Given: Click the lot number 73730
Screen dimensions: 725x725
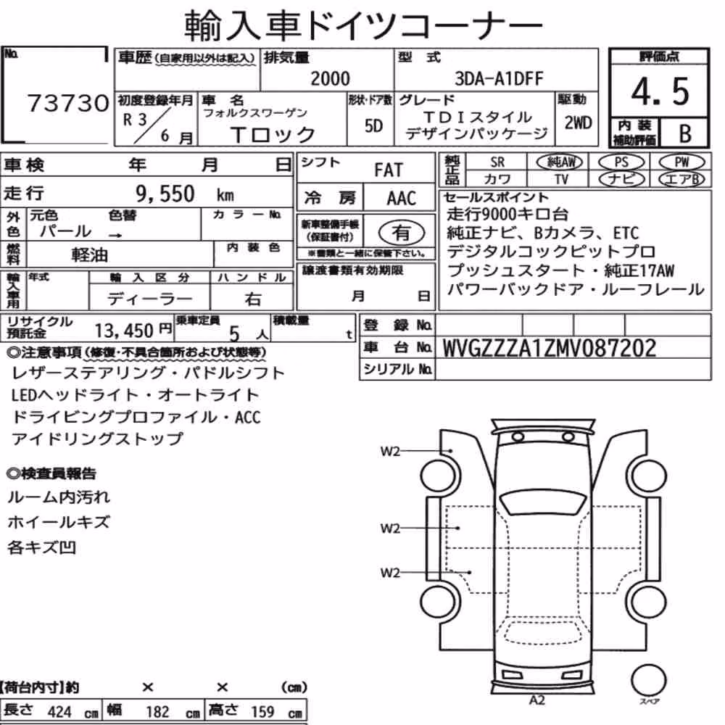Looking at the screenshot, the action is pyautogui.click(x=68, y=103).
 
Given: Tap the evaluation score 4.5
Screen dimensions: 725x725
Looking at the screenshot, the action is pyautogui.click(x=660, y=91).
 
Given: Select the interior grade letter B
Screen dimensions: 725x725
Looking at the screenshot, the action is pyautogui.click(x=685, y=133).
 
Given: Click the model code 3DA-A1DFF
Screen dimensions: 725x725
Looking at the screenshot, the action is pyautogui.click(x=499, y=78).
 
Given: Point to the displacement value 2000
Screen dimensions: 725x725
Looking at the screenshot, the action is pyautogui.click(x=330, y=78).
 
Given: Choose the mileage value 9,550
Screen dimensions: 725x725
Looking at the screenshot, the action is pyautogui.click(x=165, y=194).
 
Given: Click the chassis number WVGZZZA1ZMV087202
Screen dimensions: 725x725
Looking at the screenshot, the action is pyautogui.click(x=550, y=348).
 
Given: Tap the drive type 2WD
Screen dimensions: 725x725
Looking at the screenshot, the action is pyautogui.click(x=578, y=123).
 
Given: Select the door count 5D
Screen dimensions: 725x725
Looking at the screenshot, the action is pyautogui.click(x=373, y=125).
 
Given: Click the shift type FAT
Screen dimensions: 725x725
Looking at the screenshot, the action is pyautogui.click(x=389, y=170).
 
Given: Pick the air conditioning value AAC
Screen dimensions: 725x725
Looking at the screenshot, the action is pyautogui.click(x=402, y=199).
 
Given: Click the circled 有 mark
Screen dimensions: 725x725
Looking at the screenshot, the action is pyautogui.click(x=401, y=233).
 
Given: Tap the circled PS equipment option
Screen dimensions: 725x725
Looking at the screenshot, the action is pyautogui.click(x=621, y=162).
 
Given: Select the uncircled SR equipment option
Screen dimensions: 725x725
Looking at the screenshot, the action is pyautogui.click(x=497, y=162).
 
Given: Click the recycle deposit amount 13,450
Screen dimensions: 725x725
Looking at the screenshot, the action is pyautogui.click(x=124, y=331).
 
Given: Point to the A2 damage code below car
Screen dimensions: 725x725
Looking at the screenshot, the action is pyautogui.click(x=536, y=700).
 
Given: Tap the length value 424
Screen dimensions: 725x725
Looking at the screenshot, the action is pyautogui.click(x=59, y=712).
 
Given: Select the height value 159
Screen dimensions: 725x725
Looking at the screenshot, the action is pyautogui.click(x=262, y=712).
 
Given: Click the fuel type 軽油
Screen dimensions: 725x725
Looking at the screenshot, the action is pyautogui.click(x=89, y=254).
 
